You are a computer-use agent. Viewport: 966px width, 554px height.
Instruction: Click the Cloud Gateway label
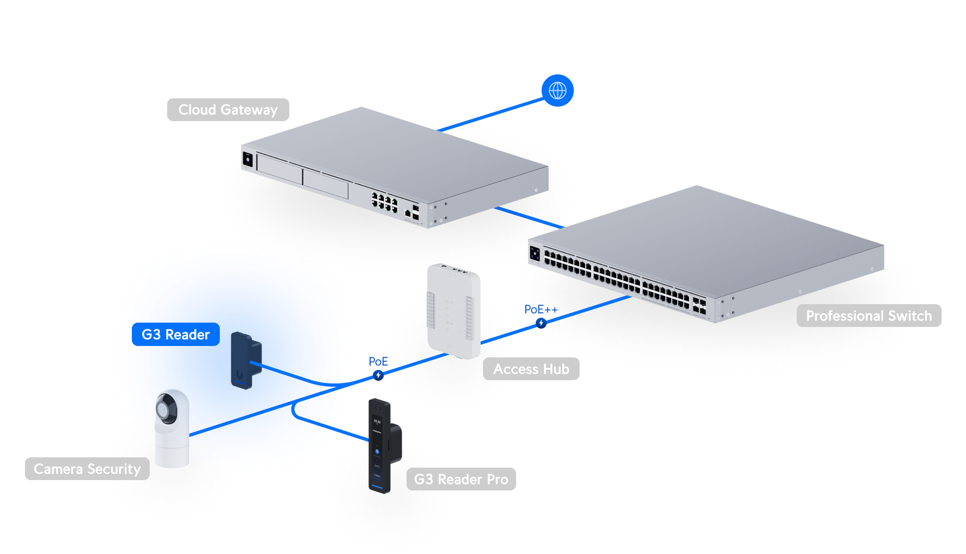point(228,110)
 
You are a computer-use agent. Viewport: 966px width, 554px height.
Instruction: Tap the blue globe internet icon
point(557,91)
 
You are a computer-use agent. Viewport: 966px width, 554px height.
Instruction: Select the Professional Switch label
point(868,316)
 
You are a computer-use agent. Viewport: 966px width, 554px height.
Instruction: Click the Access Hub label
point(531,369)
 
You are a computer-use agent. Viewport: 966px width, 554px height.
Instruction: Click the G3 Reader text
point(175,335)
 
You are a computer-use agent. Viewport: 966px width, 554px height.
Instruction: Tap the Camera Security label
point(87,469)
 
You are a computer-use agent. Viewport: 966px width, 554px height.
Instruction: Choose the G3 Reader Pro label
point(461,479)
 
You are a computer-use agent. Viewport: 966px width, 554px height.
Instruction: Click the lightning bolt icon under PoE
point(378,375)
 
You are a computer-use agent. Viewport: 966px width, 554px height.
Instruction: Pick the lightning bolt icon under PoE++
point(541,323)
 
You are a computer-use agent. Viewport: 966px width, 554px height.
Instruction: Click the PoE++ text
point(541,310)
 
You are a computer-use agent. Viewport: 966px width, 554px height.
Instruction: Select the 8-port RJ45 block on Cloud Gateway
point(384,202)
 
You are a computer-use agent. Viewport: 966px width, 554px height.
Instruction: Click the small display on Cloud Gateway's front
point(247,160)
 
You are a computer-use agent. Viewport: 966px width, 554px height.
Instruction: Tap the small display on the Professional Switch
point(535,253)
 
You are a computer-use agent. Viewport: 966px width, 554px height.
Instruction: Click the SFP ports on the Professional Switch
point(699,306)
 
